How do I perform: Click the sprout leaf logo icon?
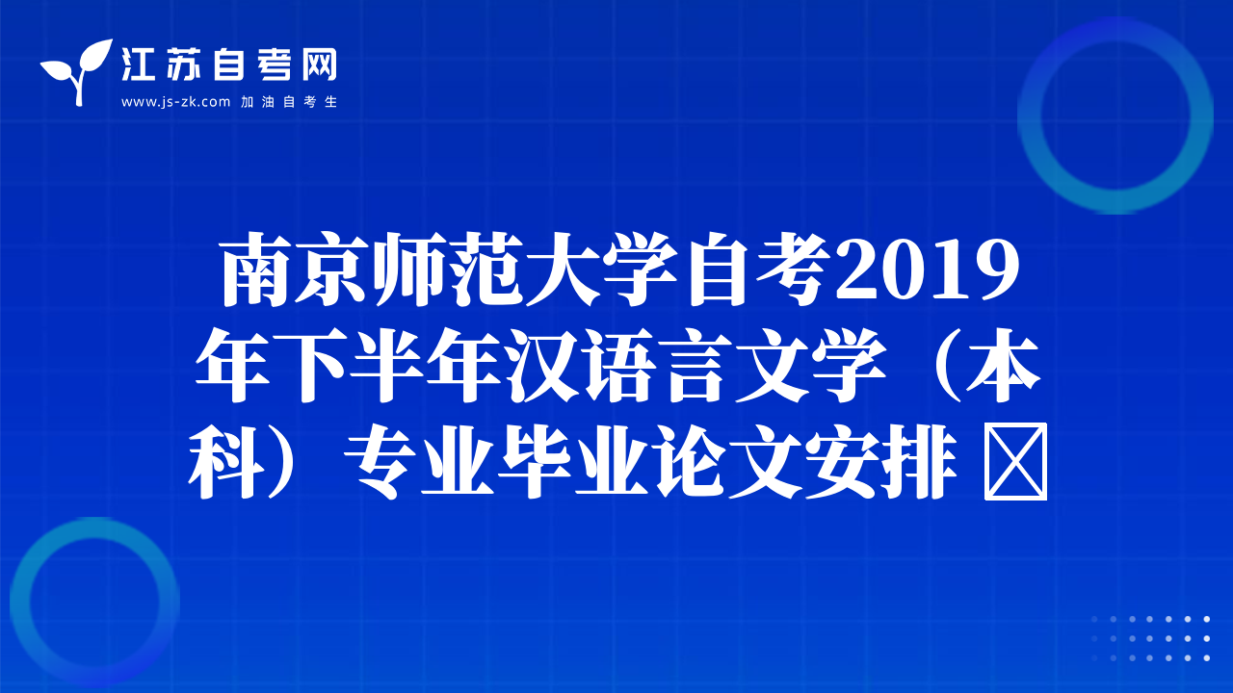(x=77, y=71)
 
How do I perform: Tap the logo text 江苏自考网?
(x=229, y=64)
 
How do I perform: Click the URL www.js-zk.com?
(x=175, y=102)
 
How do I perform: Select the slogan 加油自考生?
(x=289, y=102)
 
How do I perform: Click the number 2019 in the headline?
(x=928, y=269)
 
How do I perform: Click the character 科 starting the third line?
(x=226, y=461)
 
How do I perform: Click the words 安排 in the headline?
(x=881, y=461)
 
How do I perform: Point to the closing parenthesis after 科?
(x=282, y=461)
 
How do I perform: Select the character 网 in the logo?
(x=319, y=64)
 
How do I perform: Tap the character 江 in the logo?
(x=138, y=64)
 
